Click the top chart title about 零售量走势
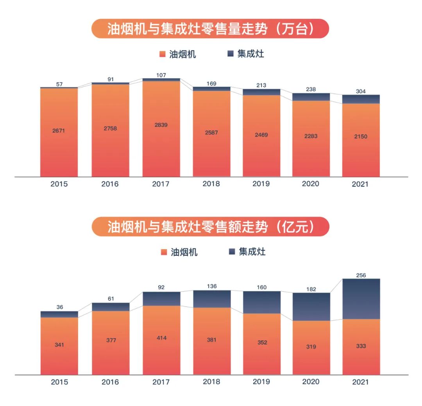(210, 29)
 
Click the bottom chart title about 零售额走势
(210, 226)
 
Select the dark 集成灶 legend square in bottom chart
(232, 252)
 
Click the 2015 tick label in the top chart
(59, 184)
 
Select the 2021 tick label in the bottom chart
(360, 382)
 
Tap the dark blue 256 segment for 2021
(361, 299)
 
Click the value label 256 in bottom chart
(361, 275)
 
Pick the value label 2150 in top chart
(361, 137)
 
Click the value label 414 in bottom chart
(161, 338)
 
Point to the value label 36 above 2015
(59, 307)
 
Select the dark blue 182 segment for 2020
(311, 306)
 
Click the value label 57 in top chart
(59, 84)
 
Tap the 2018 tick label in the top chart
(211, 183)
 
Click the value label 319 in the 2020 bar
(311, 347)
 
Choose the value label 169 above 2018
(211, 83)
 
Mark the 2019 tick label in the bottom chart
(261, 382)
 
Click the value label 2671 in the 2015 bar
(59, 131)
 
